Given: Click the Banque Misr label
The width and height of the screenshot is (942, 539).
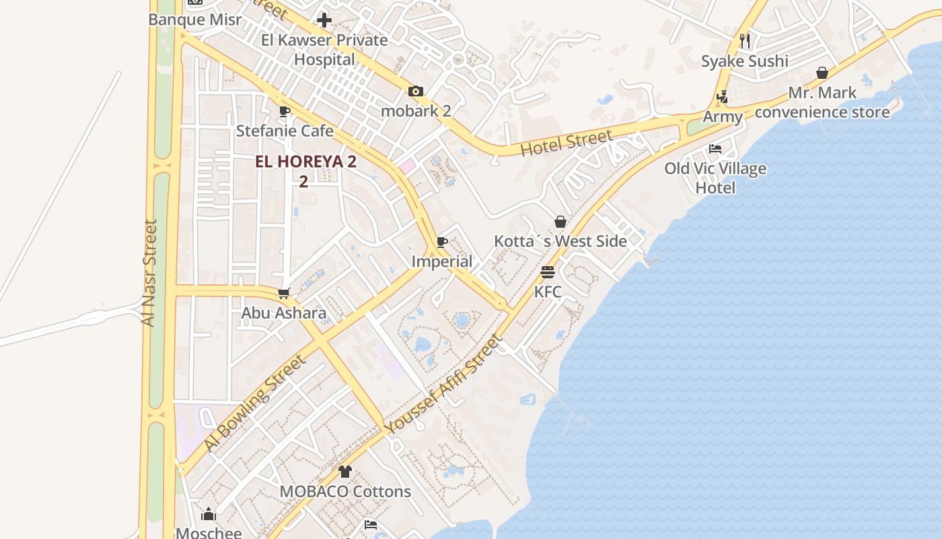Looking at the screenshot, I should [194, 20].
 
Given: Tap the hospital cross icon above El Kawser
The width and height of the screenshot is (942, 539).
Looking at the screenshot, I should [324, 20].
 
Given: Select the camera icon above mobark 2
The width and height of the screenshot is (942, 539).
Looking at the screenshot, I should [416, 92].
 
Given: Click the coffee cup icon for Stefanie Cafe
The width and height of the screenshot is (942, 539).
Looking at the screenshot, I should [285, 111].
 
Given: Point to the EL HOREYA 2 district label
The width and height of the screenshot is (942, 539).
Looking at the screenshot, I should [305, 162].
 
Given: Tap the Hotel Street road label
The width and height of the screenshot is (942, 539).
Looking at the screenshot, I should [567, 143].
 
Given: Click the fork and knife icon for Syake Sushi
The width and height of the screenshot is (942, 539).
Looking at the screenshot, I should [744, 41].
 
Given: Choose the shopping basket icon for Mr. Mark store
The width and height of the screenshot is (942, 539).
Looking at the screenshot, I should [822, 73].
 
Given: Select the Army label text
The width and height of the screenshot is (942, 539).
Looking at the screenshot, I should [723, 117].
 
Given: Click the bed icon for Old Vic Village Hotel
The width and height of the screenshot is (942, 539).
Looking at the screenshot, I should [715, 149].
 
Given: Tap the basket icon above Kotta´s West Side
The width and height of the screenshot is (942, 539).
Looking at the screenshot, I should [560, 222].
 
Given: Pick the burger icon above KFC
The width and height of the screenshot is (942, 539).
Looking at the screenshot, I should [548, 273].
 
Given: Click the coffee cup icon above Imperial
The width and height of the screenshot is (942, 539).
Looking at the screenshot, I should [442, 242].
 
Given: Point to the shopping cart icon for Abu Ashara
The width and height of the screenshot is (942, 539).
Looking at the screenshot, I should [284, 294].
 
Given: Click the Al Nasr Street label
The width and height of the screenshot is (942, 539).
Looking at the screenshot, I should [149, 273].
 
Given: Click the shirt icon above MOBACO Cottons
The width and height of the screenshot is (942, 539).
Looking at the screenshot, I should [345, 472].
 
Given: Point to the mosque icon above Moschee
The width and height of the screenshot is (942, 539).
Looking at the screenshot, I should [209, 515].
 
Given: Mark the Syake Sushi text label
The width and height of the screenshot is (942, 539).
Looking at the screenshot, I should [744, 61].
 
